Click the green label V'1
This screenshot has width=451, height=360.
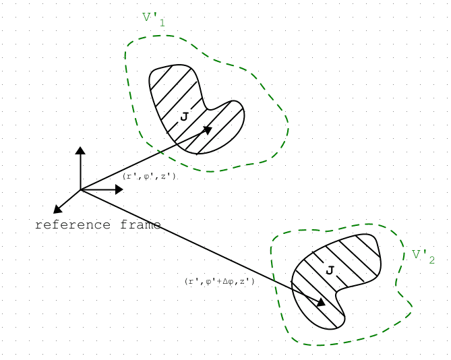point(153,19)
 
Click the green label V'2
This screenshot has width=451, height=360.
point(423,256)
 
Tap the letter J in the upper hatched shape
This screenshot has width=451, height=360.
point(184,117)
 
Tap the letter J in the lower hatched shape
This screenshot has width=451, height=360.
point(330,270)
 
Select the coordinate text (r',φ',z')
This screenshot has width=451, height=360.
point(149,176)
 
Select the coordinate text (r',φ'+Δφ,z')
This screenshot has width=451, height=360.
point(220,281)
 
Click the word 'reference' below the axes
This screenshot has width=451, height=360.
point(74,224)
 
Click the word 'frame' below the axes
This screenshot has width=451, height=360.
point(141,224)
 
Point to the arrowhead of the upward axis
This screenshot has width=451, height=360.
point(80,150)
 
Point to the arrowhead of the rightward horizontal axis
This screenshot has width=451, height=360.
point(119,189)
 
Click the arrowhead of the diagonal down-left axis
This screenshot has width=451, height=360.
point(57,210)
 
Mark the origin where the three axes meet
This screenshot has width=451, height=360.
point(80,189)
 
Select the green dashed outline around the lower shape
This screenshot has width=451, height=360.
point(274,270)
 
